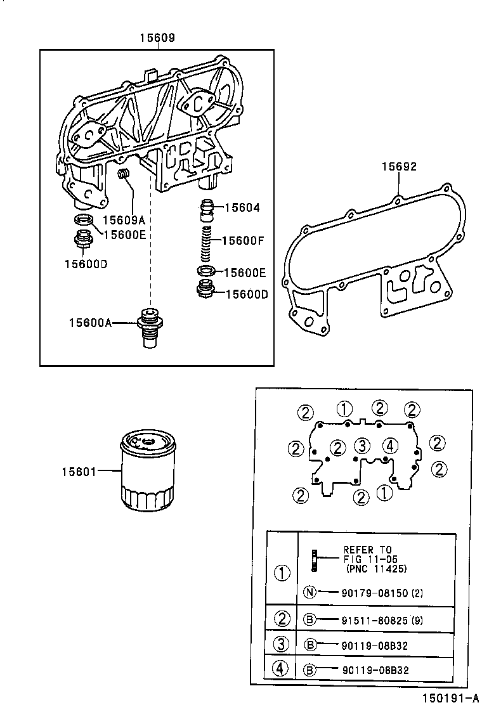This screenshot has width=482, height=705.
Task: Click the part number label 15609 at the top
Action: [x=157, y=38]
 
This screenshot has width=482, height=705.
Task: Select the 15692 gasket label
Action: [x=399, y=167]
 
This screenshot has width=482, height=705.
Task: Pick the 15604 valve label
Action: [x=242, y=207]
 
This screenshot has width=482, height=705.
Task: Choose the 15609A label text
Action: [x=124, y=220]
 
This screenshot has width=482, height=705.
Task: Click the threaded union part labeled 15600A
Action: [x=150, y=326]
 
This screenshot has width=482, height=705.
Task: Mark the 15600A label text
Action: [x=90, y=323]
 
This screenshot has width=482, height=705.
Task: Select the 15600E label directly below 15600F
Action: [x=245, y=273]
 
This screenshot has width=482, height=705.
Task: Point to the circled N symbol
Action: [x=309, y=593]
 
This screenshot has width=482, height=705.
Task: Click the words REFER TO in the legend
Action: [x=367, y=550]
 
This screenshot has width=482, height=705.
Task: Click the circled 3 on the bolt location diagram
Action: [x=362, y=445]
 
